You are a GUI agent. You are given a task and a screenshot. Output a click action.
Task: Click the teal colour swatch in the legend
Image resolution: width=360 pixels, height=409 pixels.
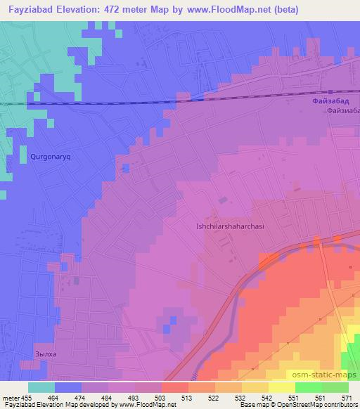point(41,387)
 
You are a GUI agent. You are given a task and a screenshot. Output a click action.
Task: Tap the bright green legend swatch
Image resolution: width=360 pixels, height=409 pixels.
point(308,387)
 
